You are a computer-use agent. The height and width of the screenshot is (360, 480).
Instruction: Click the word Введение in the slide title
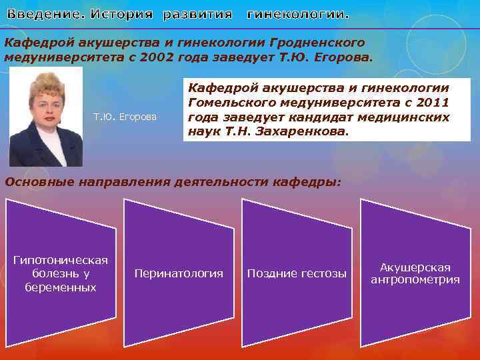click(x=44, y=14)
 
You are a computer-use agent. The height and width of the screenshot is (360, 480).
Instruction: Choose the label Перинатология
click(x=179, y=273)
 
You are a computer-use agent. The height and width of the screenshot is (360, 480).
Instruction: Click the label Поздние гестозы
click(x=297, y=273)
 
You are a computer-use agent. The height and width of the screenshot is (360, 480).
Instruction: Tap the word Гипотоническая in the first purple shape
click(x=61, y=259)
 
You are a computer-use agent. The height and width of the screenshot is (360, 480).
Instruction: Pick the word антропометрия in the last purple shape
click(x=415, y=280)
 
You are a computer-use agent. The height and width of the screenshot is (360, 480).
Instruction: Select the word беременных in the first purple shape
click(x=61, y=287)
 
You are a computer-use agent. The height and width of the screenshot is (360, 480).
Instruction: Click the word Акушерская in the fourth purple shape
click(x=415, y=267)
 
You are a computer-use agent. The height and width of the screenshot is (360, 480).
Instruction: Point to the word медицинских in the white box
click(x=403, y=117)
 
